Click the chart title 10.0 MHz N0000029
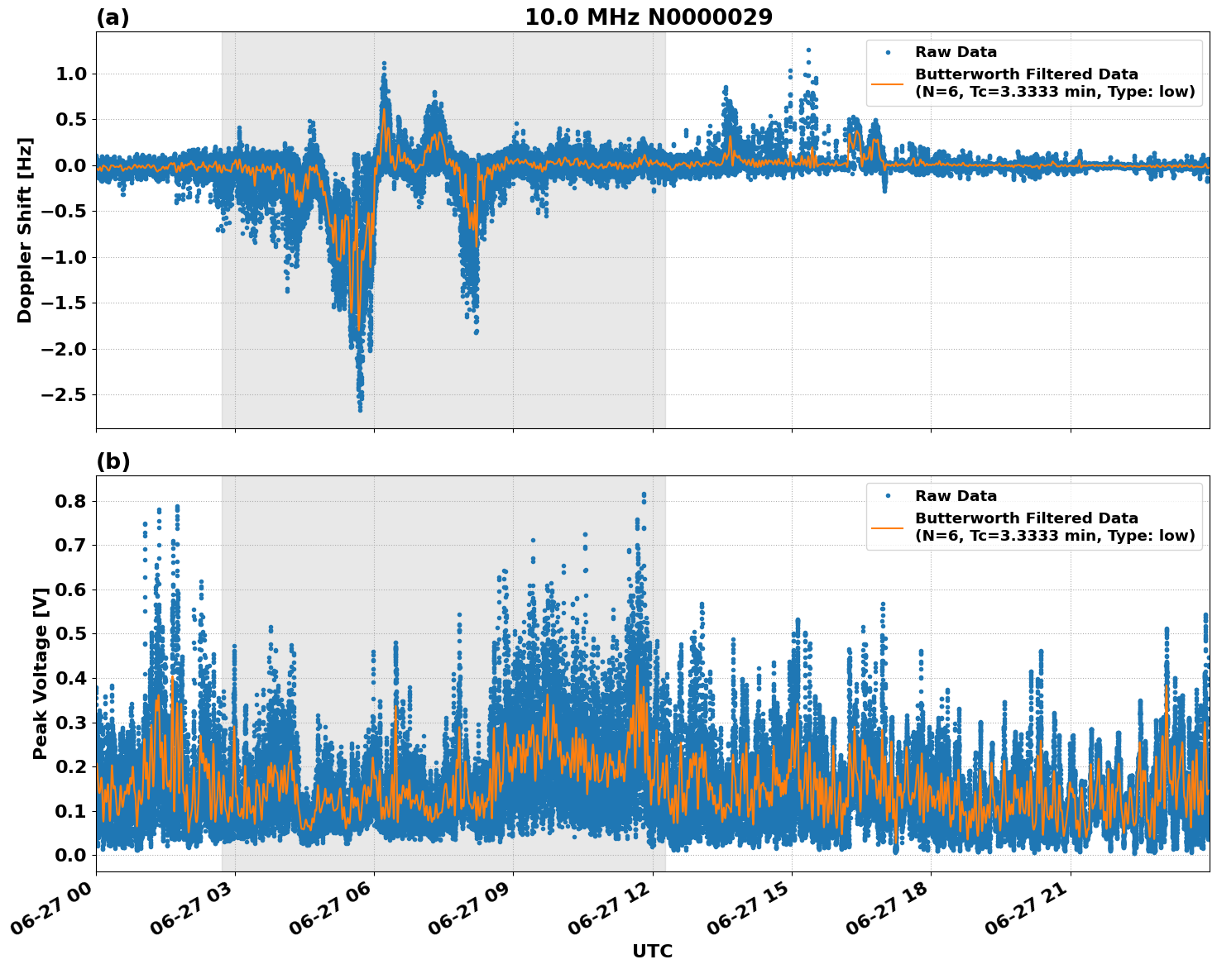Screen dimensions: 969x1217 (x=649, y=17)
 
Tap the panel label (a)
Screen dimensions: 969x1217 (x=113, y=17)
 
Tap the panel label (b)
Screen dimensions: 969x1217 (x=113, y=461)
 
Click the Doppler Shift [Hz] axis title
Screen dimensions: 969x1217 (x=25, y=230)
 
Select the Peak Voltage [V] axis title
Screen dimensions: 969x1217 (x=41, y=673)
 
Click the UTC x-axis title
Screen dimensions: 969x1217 (x=652, y=951)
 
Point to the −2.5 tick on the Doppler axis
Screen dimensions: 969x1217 (x=63, y=394)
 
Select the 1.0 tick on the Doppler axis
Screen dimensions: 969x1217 (x=71, y=74)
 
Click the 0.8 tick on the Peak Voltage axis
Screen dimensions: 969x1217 (x=71, y=501)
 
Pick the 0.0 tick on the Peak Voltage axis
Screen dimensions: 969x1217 (x=71, y=855)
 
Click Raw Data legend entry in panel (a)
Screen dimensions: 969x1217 (x=956, y=52)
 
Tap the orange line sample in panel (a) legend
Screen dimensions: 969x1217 (x=888, y=83)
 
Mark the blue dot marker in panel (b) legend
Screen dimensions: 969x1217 (x=888, y=496)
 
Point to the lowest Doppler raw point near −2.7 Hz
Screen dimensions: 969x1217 (x=360, y=409)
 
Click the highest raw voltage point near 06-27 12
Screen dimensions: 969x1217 (x=644, y=494)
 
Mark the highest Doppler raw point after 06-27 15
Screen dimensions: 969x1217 (x=808, y=50)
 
